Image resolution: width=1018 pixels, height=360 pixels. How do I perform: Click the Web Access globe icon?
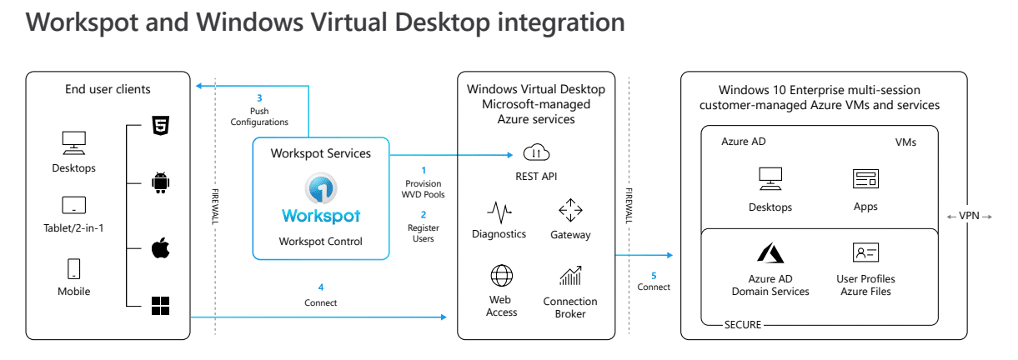click(501, 275)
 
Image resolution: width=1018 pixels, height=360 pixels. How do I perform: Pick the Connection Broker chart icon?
click(570, 276)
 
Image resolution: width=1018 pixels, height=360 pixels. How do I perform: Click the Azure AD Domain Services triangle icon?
click(770, 252)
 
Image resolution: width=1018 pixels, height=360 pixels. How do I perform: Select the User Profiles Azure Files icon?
click(865, 252)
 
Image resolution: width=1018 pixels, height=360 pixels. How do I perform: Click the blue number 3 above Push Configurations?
click(259, 97)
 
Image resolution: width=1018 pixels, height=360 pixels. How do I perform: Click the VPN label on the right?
click(970, 217)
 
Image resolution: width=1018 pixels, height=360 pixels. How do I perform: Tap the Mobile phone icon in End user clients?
click(73, 268)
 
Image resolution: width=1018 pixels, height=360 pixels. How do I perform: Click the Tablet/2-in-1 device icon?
click(73, 205)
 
